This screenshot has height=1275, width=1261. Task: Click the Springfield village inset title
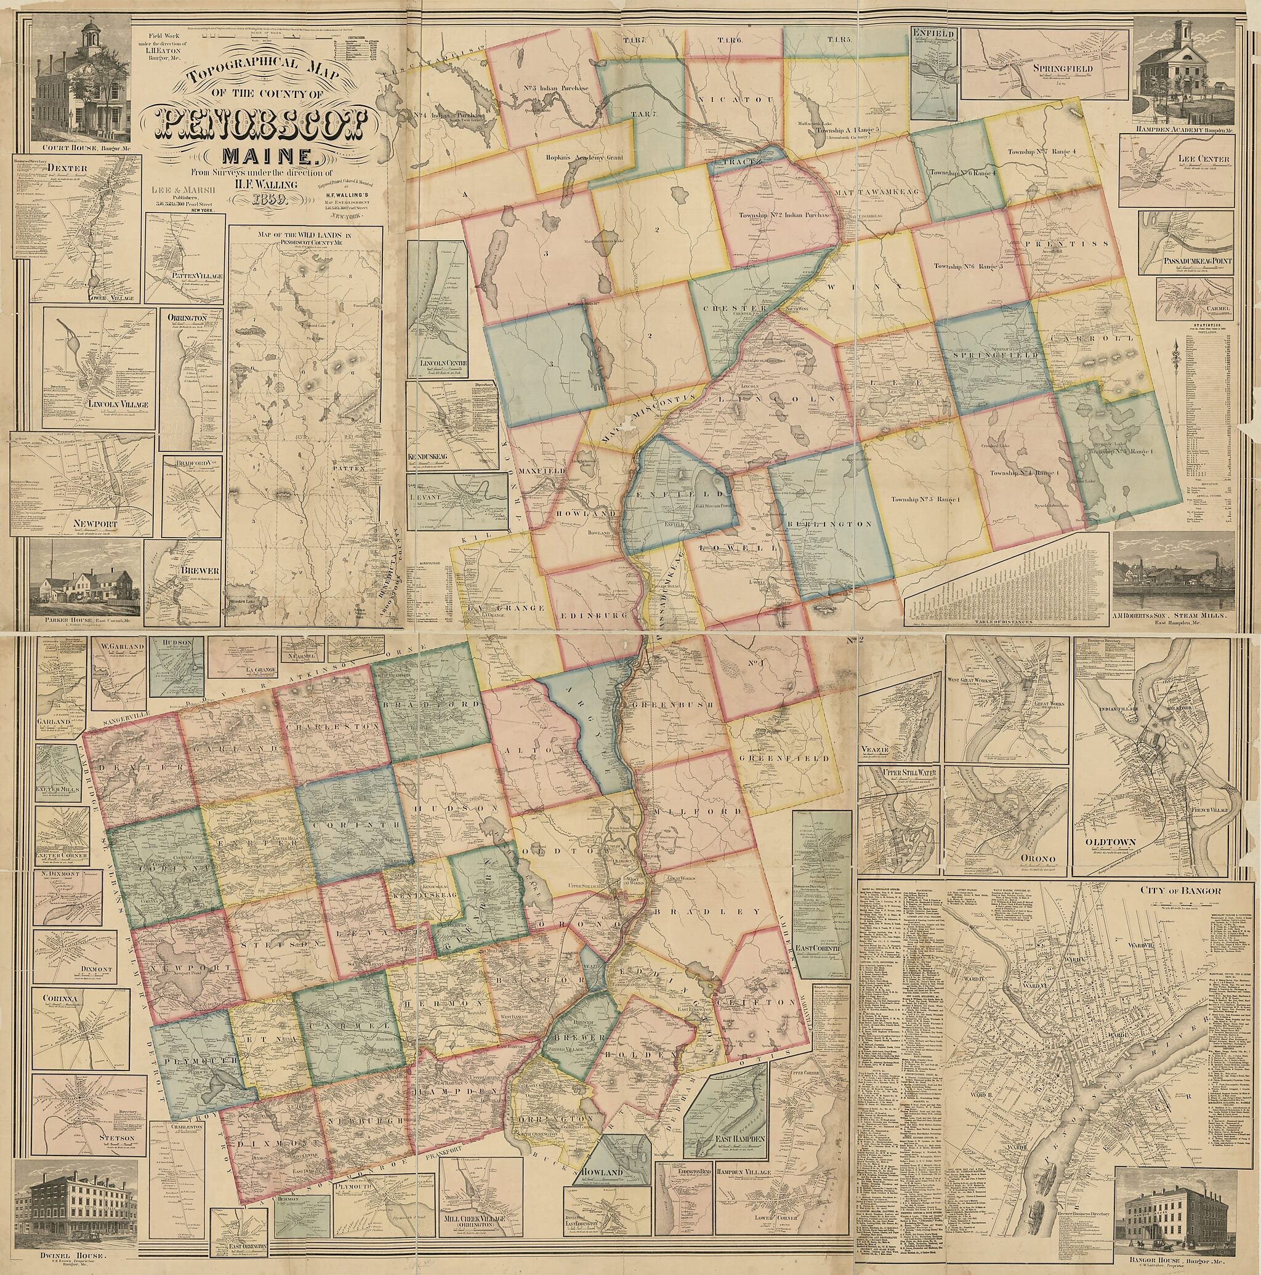tap(1053, 68)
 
